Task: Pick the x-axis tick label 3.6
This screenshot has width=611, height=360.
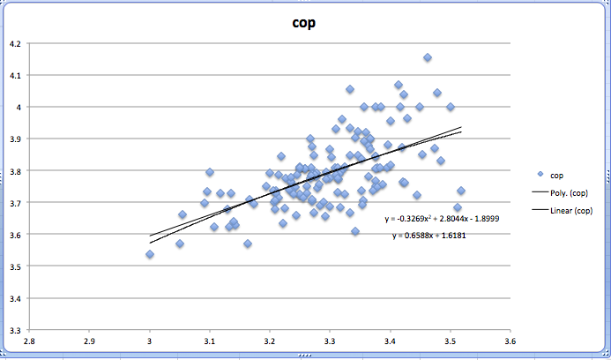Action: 510,341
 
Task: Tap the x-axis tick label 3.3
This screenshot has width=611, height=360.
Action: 330,341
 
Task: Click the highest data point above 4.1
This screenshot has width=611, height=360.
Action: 428,57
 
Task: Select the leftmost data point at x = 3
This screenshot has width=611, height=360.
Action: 150,254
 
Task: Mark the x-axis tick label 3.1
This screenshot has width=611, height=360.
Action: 210,341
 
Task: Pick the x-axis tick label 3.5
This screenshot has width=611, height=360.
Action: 450,341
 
